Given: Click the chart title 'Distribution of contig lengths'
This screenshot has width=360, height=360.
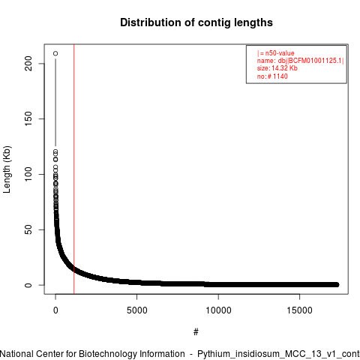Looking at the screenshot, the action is click(196, 22).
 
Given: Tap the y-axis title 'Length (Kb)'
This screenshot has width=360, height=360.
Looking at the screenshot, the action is click(7, 169).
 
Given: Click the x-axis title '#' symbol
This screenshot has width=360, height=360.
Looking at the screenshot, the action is click(196, 332).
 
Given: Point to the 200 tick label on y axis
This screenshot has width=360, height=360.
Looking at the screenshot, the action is click(28, 63).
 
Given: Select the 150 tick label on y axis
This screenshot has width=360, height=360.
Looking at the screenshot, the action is click(28, 118).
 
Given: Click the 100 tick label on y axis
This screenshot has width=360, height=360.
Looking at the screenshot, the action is click(28, 174).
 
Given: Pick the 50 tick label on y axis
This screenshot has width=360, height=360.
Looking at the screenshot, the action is click(28, 229).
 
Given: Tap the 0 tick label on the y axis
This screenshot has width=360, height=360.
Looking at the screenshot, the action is click(28, 285).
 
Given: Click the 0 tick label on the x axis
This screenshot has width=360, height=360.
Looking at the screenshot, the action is click(55, 310).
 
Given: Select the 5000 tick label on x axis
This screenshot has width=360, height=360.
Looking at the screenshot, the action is click(137, 310).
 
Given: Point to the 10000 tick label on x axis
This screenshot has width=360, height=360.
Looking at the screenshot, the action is click(218, 310).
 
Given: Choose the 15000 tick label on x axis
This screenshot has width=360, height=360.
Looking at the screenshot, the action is click(299, 310).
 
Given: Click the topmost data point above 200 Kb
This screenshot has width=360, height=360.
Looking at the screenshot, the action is click(55, 53).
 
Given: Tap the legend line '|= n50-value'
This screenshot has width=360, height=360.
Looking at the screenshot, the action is click(275, 53).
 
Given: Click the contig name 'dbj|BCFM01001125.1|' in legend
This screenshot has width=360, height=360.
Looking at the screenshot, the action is click(311, 61).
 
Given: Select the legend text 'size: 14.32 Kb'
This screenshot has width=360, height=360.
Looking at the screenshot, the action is click(277, 68).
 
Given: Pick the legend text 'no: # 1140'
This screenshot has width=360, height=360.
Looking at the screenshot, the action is click(272, 76).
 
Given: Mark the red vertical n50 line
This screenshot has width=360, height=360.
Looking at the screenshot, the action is click(74, 169).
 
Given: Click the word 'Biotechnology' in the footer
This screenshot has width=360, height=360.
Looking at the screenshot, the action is click(108, 354).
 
